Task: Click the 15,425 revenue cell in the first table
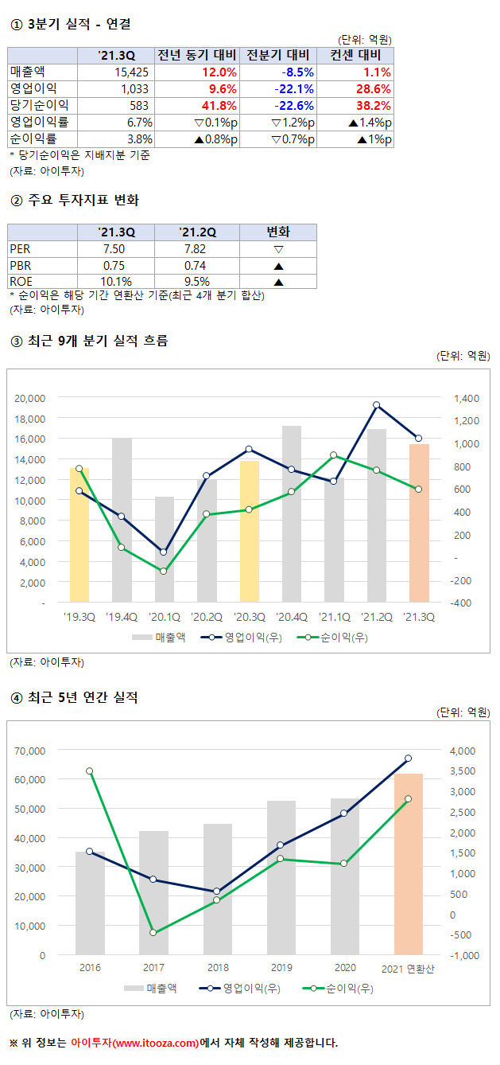[x=131, y=72]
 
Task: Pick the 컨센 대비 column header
[x=355, y=55]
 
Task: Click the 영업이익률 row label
[x=39, y=122]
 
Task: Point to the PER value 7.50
[x=116, y=248]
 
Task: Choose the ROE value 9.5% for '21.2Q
[x=196, y=281]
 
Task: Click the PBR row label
[x=21, y=265]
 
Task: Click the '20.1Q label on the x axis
[x=164, y=616]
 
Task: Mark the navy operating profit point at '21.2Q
[x=377, y=405]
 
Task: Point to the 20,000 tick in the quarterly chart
[x=31, y=398]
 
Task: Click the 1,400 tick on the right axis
[x=466, y=398]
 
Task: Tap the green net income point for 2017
[x=153, y=933]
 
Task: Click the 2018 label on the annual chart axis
[x=218, y=967]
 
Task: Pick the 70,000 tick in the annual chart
[x=31, y=751]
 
